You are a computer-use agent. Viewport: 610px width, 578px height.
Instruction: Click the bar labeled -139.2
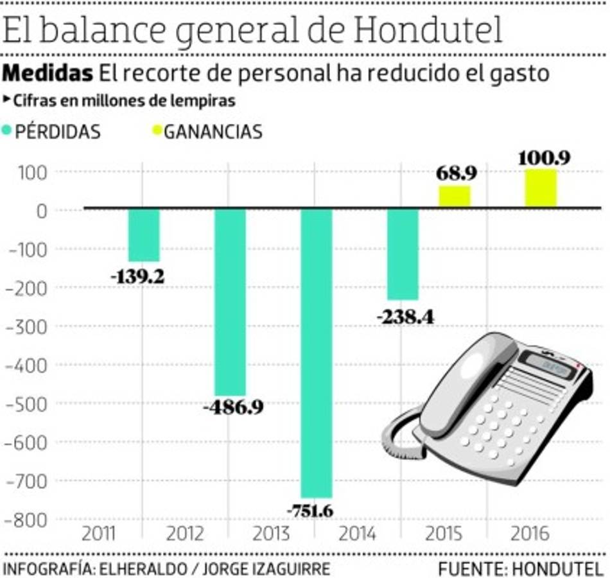[144, 235]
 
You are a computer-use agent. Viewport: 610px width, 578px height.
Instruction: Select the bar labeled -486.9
[230, 302]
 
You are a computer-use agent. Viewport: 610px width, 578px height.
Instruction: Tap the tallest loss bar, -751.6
[317, 353]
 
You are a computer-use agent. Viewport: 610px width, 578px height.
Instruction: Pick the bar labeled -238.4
[403, 254]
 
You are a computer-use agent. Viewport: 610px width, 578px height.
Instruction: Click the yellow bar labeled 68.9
[455, 196]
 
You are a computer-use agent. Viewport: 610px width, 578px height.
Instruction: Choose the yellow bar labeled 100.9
[541, 189]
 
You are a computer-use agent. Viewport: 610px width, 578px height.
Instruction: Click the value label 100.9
[541, 157]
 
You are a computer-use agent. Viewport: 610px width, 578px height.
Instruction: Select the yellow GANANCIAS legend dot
[156, 132]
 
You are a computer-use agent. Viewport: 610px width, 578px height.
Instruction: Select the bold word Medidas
[48, 73]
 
